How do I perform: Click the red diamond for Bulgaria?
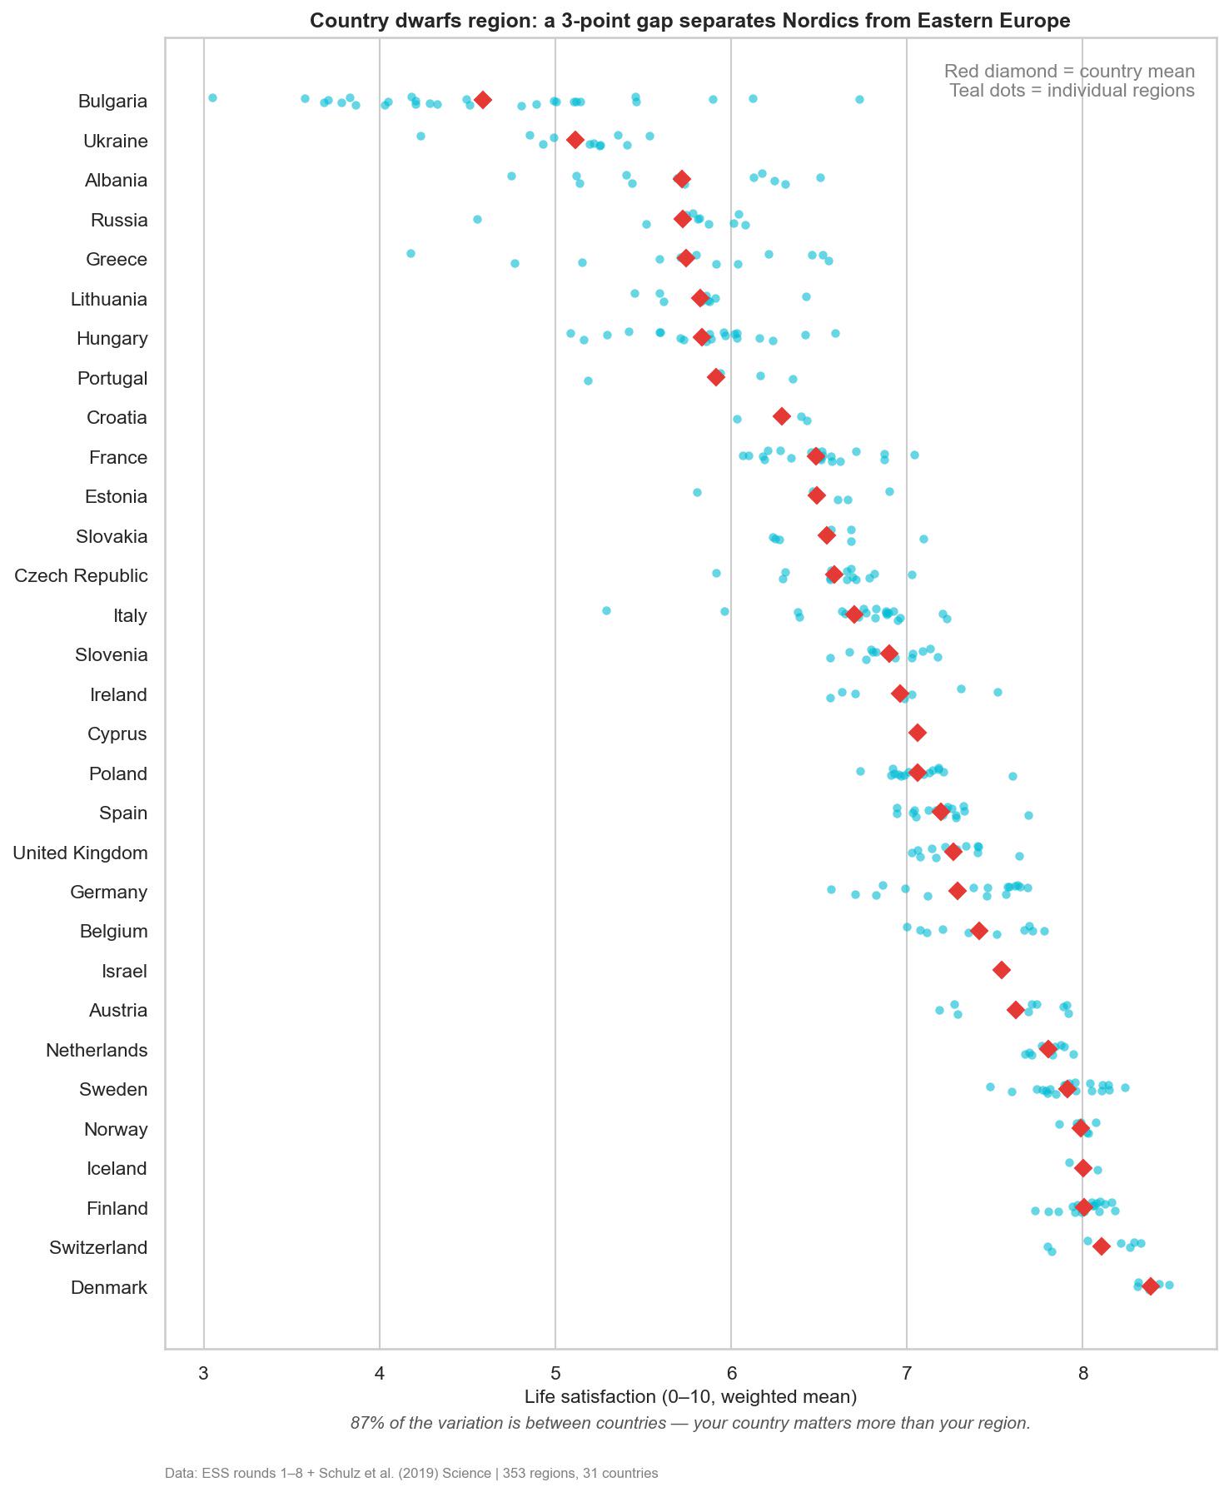tap(482, 100)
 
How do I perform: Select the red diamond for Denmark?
tap(1151, 1286)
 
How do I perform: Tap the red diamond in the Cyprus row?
tap(917, 733)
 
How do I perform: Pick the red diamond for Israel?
tap(1002, 970)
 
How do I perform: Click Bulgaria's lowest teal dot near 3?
tap(212, 98)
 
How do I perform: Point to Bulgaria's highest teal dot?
tap(859, 100)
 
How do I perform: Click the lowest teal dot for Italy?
tap(606, 611)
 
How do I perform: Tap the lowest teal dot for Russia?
tap(477, 220)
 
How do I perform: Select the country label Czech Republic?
tap(81, 576)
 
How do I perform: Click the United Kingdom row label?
tap(80, 853)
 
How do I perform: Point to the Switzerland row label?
tap(98, 1248)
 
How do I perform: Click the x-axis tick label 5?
tap(555, 1374)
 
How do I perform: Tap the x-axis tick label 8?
tap(1082, 1374)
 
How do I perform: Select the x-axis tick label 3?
tap(204, 1374)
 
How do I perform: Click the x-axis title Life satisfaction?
tap(690, 1397)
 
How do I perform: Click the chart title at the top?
tap(690, 21)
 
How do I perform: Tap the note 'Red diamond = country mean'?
tap(1069, 72)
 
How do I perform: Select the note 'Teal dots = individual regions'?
tap(1072, 91)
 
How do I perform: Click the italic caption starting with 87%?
tap(690, 1424)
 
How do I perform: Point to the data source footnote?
tap(411, 1474)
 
